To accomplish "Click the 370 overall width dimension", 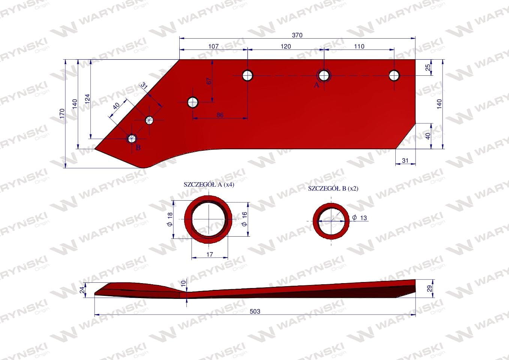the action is click(297, 35).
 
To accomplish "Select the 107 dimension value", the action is click(213, 46).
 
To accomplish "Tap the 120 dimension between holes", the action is click(285, 46).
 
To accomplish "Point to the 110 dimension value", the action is click(359, 46).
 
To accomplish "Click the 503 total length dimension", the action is click(255, 311).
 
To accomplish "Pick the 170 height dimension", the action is click(62, 113).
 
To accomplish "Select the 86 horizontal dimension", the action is click(220, 115).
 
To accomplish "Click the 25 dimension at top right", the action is click(428, 67).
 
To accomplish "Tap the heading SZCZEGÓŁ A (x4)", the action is click(209, 184).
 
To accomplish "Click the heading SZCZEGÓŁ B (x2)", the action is click(333, 189).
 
